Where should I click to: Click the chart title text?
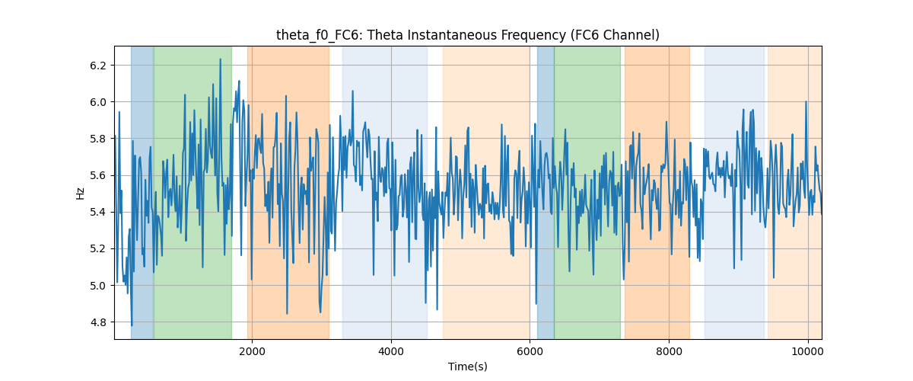tap(467, 35)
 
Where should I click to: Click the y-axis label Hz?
tap(81, 194)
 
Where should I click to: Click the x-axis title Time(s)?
tap(467, 367)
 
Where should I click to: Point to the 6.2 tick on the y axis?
tap(98, 66)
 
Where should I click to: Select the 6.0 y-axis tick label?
tap(98, 102)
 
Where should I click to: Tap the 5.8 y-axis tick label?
tap(98, 139)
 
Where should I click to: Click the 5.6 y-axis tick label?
tap(98, 175)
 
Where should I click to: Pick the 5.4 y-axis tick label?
tap(98, 212)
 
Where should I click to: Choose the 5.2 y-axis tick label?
tap(98, 248)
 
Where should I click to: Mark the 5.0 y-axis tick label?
tap(98, 286)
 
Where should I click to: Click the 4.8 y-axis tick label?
tap(98, 322)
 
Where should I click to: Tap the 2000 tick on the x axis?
tap(253, 351)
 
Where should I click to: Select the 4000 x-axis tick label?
tap(391, 351)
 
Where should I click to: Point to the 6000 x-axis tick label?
tap(530, 351)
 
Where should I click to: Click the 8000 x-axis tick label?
tap(670, 351)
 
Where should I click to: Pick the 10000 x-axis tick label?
tap(808, 351)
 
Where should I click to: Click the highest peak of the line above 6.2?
tap(220, 59)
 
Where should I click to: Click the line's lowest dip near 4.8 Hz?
tap(132, 325)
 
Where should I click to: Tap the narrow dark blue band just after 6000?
tap(546, 192)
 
